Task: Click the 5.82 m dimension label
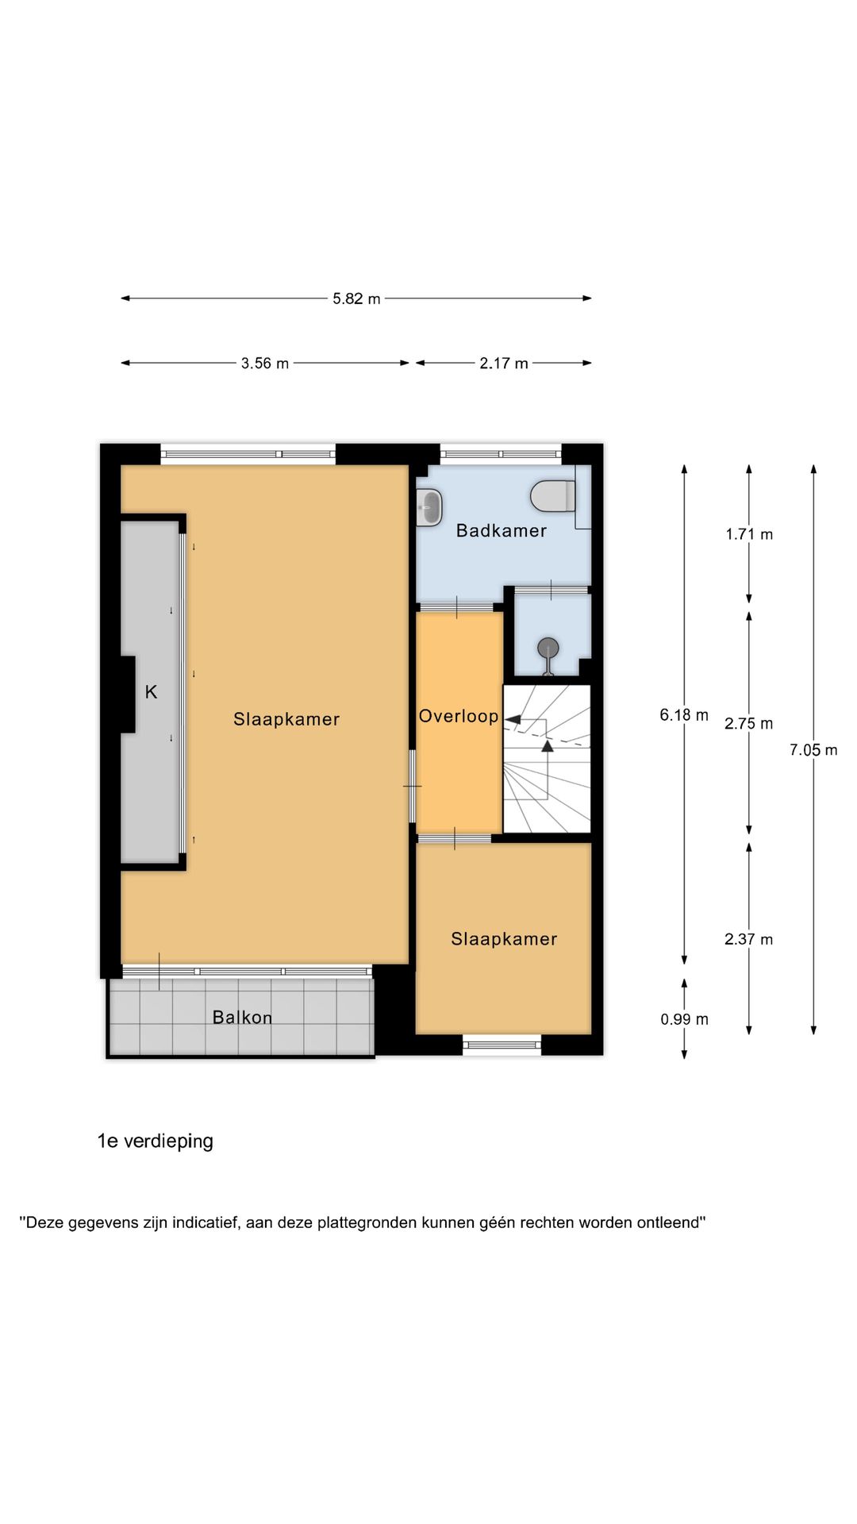356,299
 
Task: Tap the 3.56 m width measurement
265,364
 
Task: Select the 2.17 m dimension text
503,364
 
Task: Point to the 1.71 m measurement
748,534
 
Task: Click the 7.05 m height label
813,750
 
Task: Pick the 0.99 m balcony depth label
684,1019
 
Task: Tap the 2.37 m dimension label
748,940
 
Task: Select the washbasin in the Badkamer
429,507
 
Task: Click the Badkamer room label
501,531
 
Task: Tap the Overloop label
459,716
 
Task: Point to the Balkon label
242,1018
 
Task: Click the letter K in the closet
151,692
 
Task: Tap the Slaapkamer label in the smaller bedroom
504,939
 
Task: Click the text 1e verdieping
156,1141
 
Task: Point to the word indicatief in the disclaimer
205,1222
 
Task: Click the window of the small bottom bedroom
502,1045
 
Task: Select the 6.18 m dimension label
683,715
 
